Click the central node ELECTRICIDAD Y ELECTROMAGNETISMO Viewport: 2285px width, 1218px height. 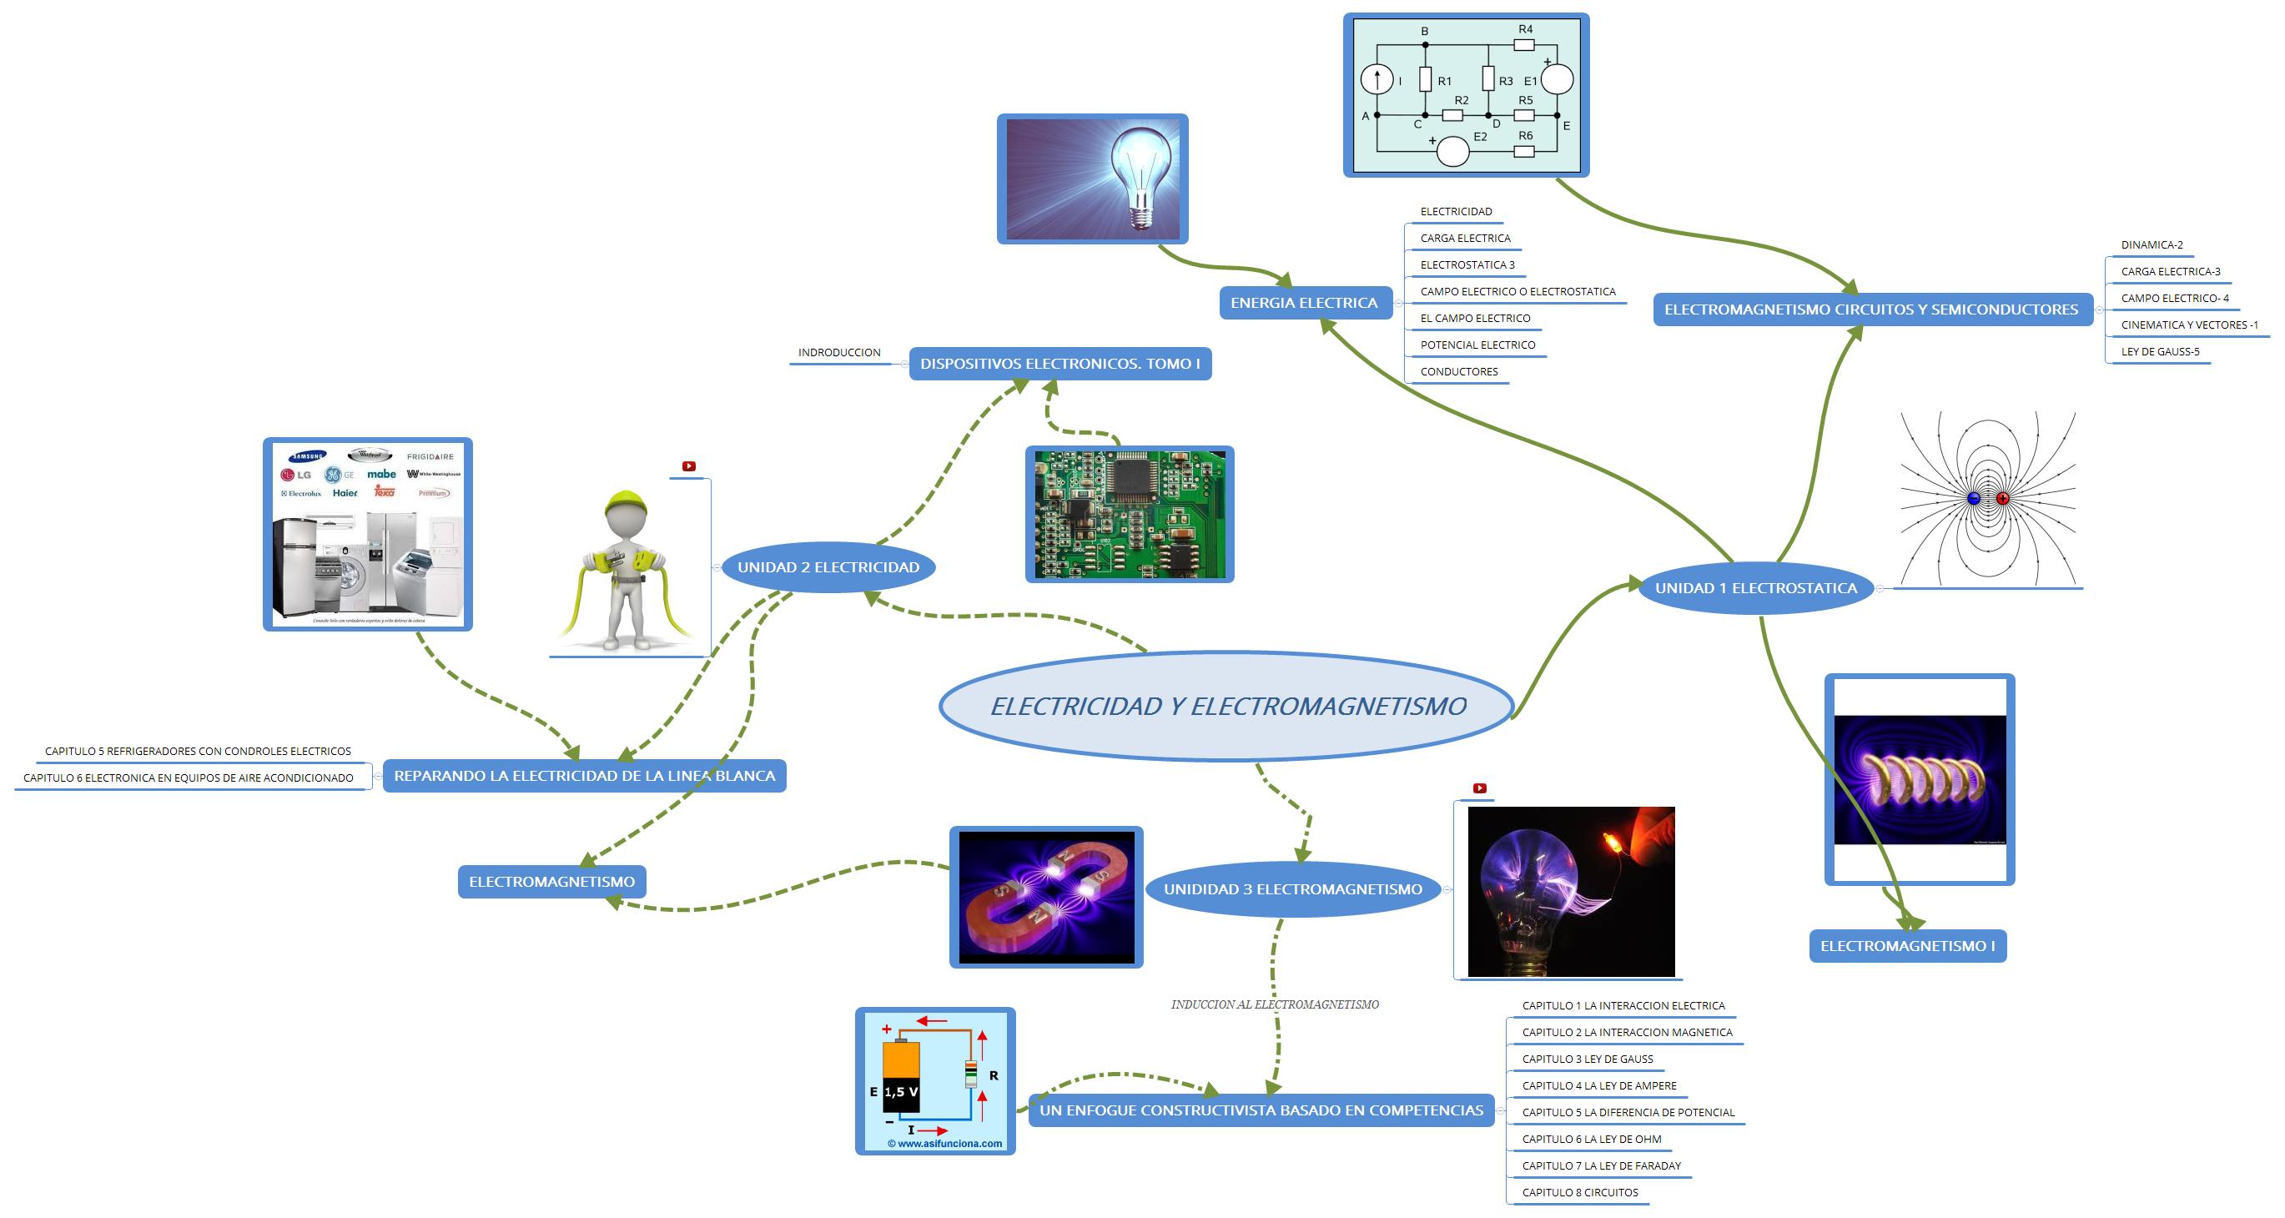click(1227, 706)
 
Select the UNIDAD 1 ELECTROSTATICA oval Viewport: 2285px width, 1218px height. click(1755, 588)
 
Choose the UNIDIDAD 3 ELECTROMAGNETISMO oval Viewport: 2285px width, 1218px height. click(1292, 888)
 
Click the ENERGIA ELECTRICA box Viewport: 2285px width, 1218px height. click(1304, 304)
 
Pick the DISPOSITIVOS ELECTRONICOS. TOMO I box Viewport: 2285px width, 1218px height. click(1059, 364)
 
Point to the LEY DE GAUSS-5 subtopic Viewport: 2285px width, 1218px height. click(2159, 352)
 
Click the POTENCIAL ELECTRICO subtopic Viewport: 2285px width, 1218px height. click(1477, 345)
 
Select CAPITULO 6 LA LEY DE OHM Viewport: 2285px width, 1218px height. click(1592, 1139)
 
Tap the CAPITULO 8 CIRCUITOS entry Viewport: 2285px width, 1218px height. click(1580, 1192)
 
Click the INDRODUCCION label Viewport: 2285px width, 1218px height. click(839, 353)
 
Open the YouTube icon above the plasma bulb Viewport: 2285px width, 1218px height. click(1480, 788)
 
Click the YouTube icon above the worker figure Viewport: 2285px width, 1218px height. click(688, 466)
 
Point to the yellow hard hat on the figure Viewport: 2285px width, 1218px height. click(626, 503)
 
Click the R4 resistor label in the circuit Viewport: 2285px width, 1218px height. click(1525, 29)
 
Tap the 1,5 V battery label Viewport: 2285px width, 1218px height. click(900, 1092)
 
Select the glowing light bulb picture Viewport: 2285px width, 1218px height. click(1092, 179)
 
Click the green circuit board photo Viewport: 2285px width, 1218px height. click(1130, 515)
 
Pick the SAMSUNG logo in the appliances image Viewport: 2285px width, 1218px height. click(308, 456)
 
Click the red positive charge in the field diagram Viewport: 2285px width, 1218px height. click(2002, 499)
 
